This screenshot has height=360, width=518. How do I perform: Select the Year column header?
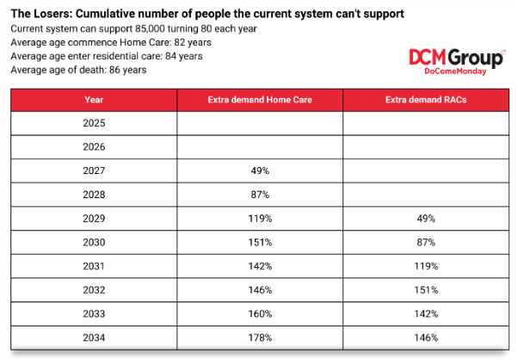click(94, 100)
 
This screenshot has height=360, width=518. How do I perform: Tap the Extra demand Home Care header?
click(260, 100)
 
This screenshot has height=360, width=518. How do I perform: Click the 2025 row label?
click(94, 123)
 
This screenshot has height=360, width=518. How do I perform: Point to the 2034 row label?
click(94, 338)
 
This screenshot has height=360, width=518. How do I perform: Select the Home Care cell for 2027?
click(261, 171)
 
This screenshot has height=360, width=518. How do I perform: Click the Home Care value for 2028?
click(261, 195)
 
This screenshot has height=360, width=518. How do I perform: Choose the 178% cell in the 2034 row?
click(261, 338)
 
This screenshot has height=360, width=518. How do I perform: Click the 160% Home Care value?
click(261, 314)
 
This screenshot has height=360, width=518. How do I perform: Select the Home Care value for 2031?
click(261, 266)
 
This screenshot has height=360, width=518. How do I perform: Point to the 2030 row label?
click(94, 243)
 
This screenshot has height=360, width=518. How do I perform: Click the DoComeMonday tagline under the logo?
click(455, 71)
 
